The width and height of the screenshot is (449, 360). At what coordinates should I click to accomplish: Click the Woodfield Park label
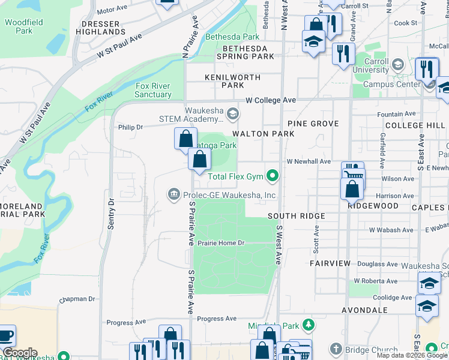pyautogui.click(x=23, y=26)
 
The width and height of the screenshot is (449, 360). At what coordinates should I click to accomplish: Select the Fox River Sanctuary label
pyautogui.click(x=153, y=91)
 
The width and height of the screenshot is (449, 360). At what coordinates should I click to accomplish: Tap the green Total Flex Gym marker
pyautogui.click(x=273, y=176)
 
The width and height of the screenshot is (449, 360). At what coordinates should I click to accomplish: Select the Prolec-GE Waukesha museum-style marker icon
pyautogui.click(x=174, y=194)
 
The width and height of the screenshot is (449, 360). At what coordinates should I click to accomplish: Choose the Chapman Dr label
pyautogui.click(x=77, y=299)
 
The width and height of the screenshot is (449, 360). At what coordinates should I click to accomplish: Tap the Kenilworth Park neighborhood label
pyautogui.click(x=232, y=81)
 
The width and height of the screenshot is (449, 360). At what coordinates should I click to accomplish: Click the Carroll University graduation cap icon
pyautogui.click(x=397, y=64)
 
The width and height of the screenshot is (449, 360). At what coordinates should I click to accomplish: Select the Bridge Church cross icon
pyautogui.click(x=336, y=350)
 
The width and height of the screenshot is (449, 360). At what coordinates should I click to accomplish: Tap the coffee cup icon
pyautogui.click(x=6, y=335)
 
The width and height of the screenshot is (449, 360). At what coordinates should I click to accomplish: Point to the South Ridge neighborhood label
pyautogui.click(x=296, y=216)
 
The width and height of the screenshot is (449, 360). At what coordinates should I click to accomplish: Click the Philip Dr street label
pyautogui.click(x=130, y=127)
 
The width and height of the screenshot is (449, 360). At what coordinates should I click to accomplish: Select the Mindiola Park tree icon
pyautogui.click(x=309, y=326)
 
